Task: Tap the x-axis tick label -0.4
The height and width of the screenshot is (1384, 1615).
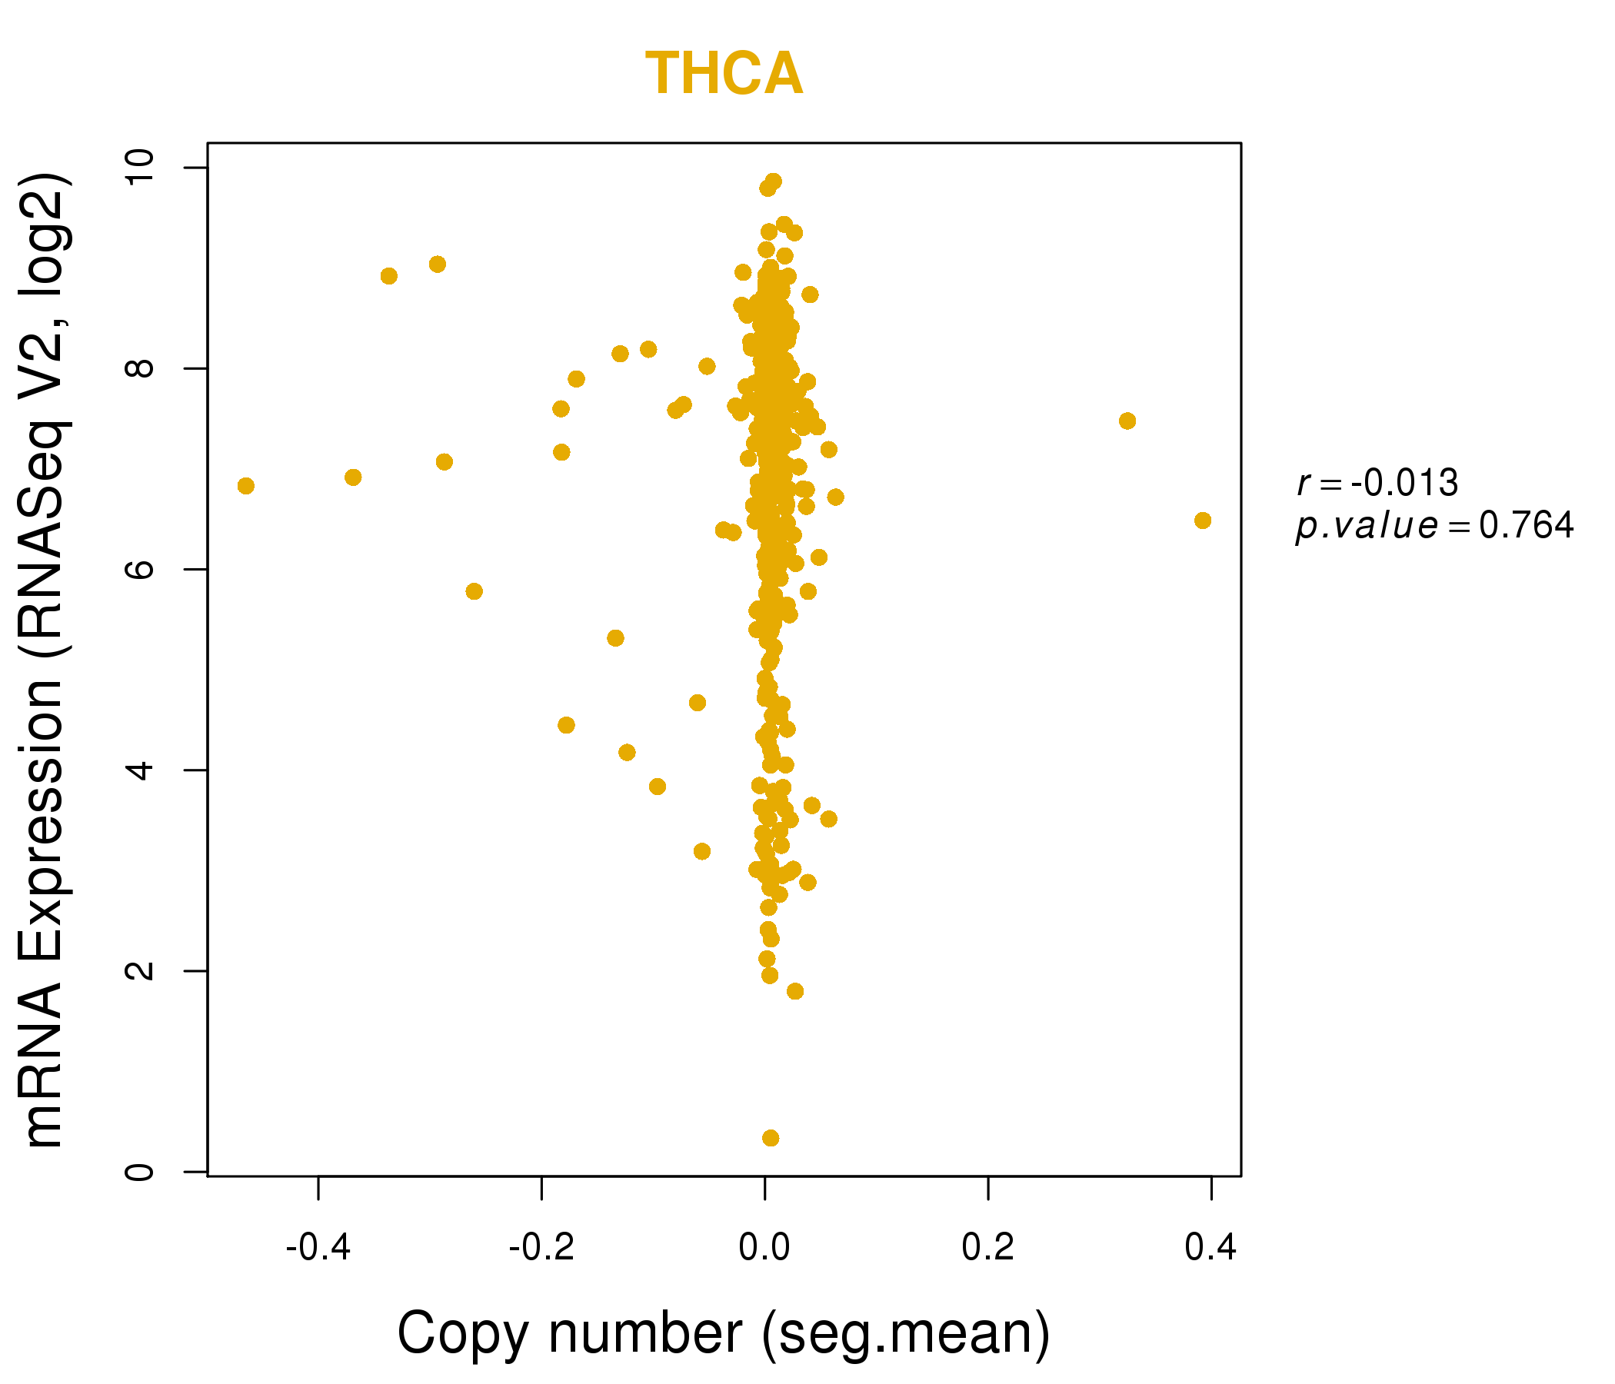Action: [x=318, y=1248]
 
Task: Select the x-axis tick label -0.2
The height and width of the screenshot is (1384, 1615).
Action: [x=541, y=1248]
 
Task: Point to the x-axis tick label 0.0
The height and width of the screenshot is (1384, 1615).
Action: [x=764, y=1248]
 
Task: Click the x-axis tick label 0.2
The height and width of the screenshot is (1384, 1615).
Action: [x=987, y=1248]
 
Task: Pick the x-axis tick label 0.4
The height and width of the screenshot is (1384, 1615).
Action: [x=1210, y=1248]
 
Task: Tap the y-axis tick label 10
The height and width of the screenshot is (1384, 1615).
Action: [x=140, y=168]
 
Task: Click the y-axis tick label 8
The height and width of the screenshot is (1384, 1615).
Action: [x=140, y=368]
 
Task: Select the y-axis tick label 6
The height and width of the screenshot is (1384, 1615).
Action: [x=140, y=570]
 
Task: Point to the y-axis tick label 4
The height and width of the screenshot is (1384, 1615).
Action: [x=140, y=770]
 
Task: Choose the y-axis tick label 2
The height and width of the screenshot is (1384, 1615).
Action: [x=140, y=971]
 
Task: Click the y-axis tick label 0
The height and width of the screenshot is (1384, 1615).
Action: [x=140, y=1172]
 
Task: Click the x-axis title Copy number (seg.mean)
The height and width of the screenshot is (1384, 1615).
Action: [x=724, y=1333]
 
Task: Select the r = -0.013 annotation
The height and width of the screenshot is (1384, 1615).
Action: [x=1377, y=483]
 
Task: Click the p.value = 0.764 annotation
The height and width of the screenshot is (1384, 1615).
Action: [x=1434, y=526]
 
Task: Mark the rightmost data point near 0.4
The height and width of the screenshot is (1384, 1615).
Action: [x=1203, y=521]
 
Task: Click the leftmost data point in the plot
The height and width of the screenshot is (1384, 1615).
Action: [x=245, y=486]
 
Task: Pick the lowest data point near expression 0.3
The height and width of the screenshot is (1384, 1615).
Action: [x=770, y=1139]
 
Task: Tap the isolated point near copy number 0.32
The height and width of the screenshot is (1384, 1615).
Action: [x=1127, y=421]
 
